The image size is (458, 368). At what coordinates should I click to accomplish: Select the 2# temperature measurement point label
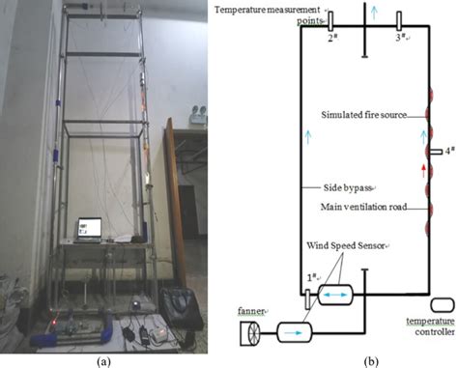point(330,39)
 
